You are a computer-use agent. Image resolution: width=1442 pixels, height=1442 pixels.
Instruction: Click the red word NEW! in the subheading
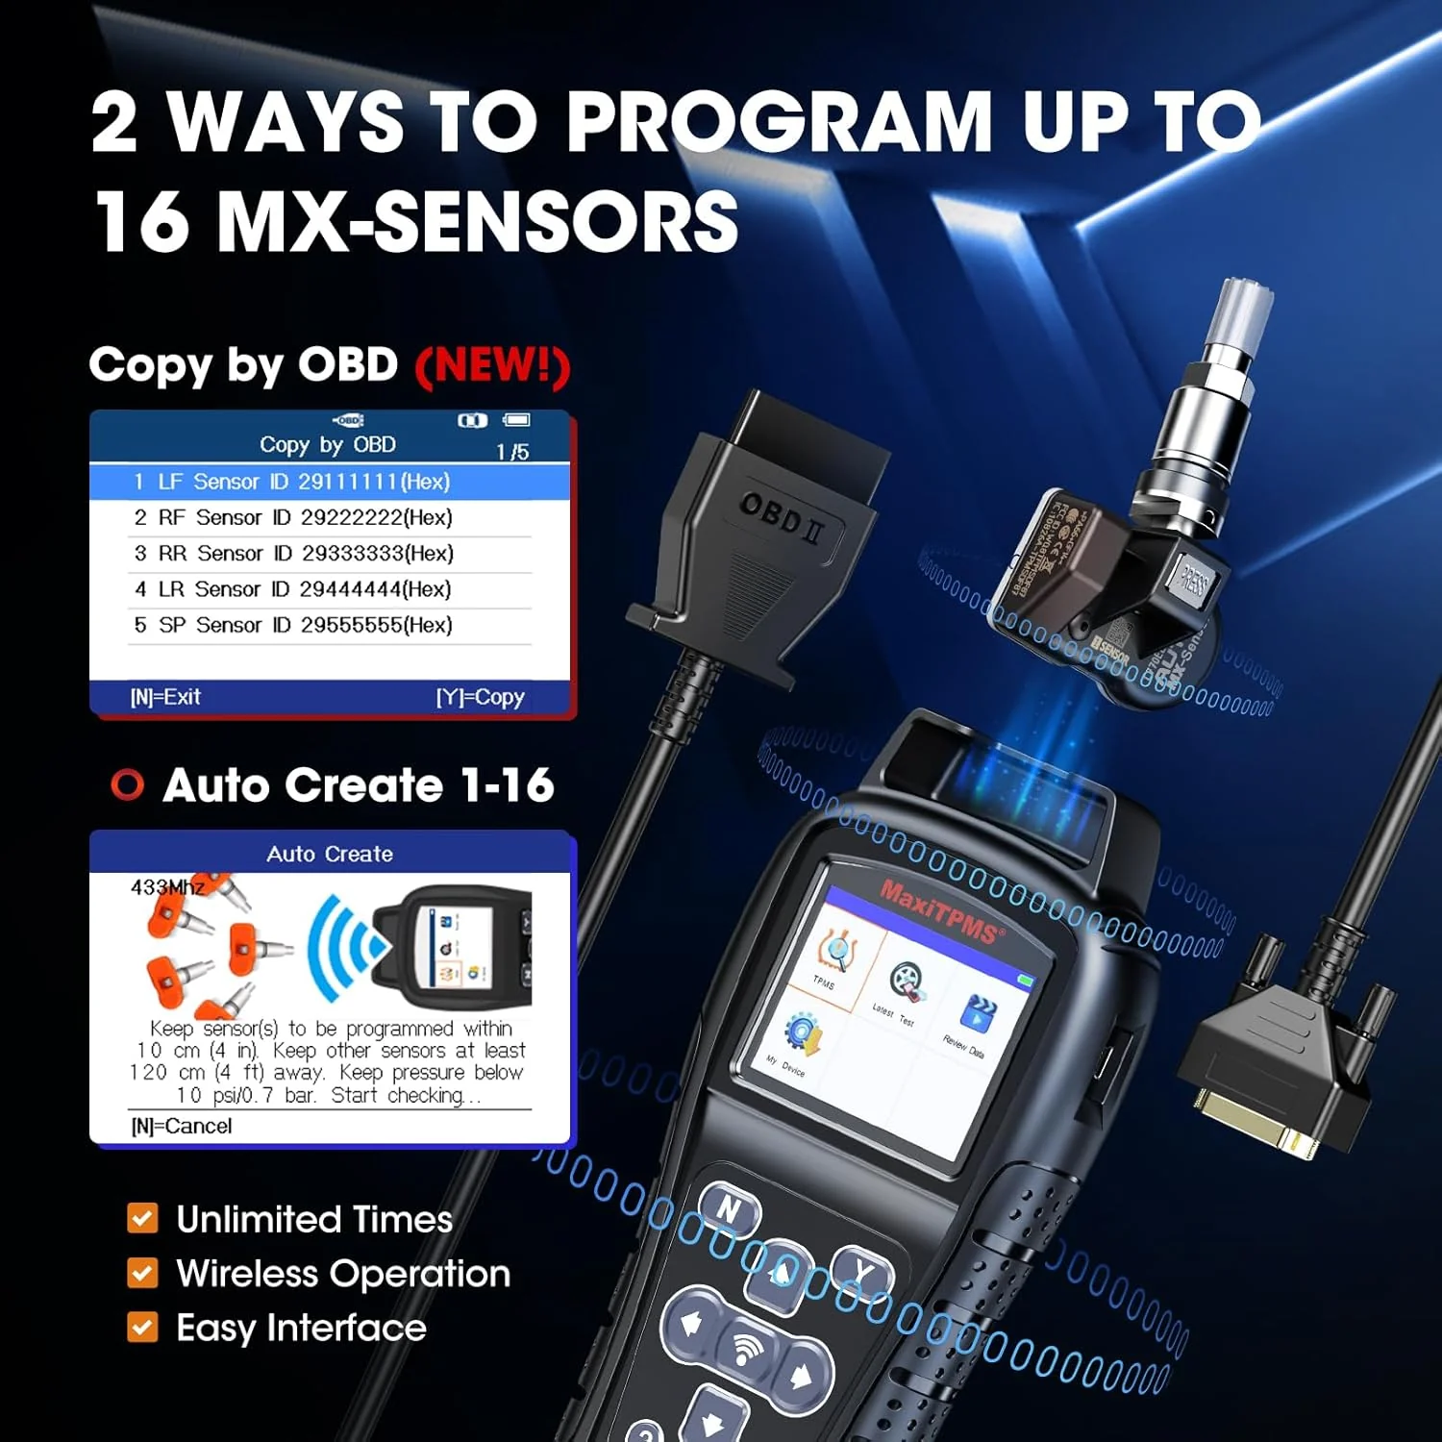click(x=492, y=365)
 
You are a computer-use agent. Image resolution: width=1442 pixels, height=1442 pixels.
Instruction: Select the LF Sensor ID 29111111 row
click(x=291, y=482)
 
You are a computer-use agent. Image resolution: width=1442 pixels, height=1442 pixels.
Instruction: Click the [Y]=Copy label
click(x=481, y=697)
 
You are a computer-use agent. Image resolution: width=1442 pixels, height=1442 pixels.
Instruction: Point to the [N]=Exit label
click(x=165, y=697)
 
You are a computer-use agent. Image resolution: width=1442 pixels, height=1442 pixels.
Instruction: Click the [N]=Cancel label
click(x=182, y=1126)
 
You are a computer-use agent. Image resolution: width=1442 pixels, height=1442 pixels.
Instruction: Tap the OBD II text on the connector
click(x=782, y=518)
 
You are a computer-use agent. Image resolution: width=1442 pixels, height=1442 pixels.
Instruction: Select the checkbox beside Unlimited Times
click(x=142, y=1219)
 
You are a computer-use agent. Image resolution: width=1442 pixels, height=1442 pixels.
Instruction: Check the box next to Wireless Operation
click(x=142, y=1273)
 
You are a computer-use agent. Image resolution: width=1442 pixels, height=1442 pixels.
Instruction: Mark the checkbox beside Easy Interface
click(x=142, y=1328)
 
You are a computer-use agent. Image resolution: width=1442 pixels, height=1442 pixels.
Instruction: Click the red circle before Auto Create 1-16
click(x=127, y=785)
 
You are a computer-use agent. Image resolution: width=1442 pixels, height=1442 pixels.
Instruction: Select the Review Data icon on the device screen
click(x=977, y=1015)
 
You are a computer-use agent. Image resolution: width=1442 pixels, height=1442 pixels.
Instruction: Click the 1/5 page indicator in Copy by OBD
click(x=512, y=452)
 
